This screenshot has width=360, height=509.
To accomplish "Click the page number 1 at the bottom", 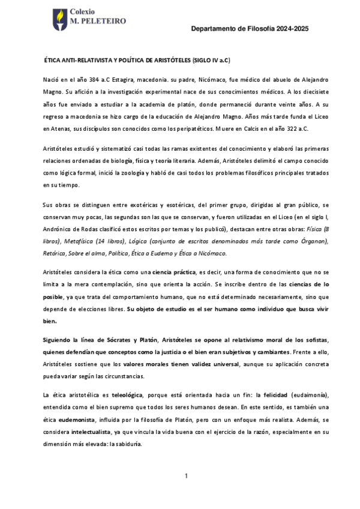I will tap(186, 476).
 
